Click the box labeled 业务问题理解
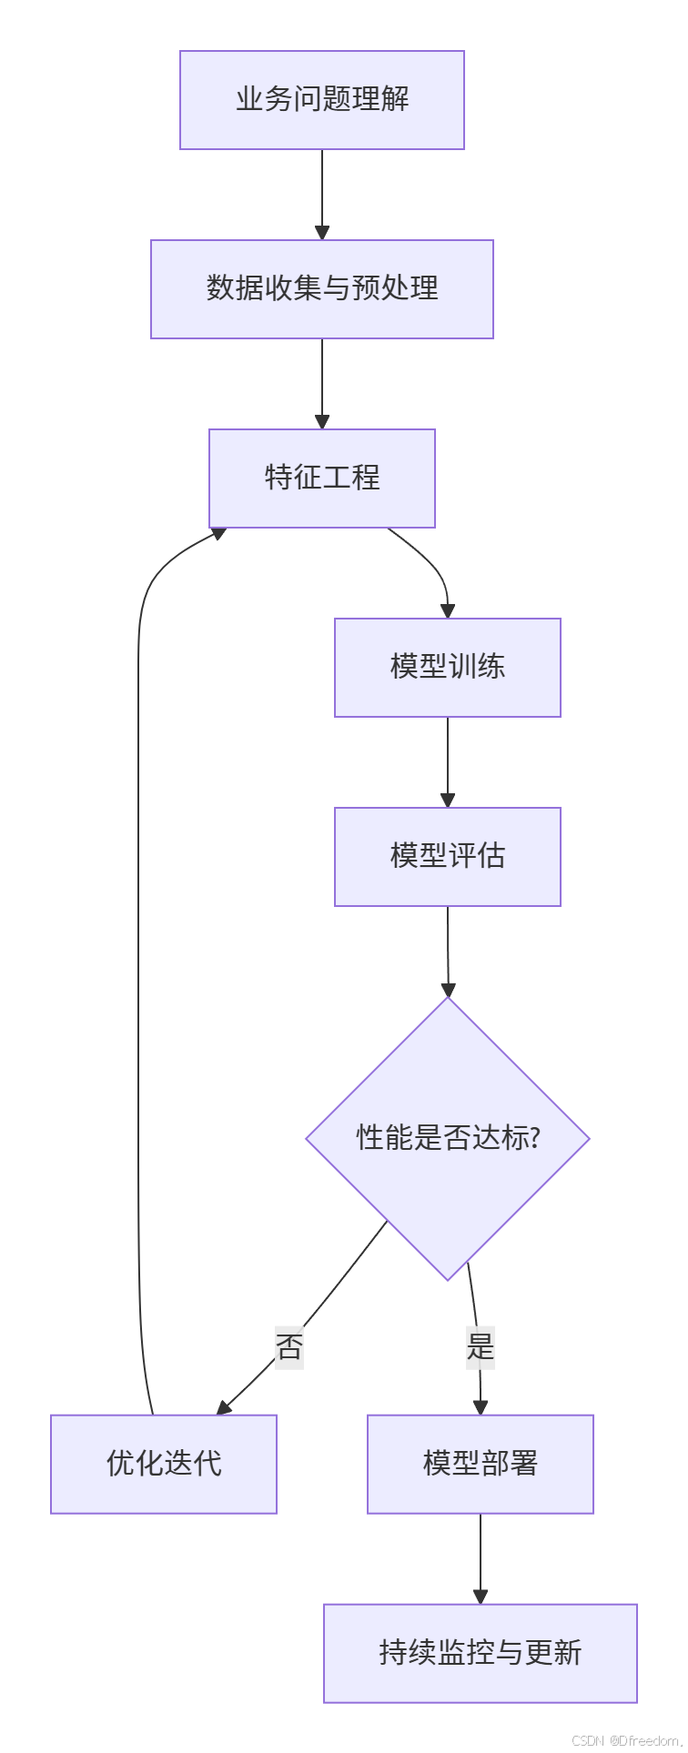click(322, 100)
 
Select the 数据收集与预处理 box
click(322, 289)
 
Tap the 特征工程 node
click(322, 479)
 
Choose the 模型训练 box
click(448, 668)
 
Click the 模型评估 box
click(448, 857)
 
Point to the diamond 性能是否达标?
click(448, 1139)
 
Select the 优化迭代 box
click(164, 1465)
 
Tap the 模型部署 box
click(481, 1465)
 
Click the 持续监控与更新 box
click(481, 1654)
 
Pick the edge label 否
click(289, 1347)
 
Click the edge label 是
click(480, 1347)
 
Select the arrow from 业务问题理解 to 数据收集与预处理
click(322, 195)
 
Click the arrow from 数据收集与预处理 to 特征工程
click(322, 384)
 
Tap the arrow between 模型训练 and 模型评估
click(448, 762)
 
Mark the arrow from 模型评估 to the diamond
click(448, 952)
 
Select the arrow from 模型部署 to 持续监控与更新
click(481, 1559)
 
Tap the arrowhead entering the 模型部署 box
click(481, 1408)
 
